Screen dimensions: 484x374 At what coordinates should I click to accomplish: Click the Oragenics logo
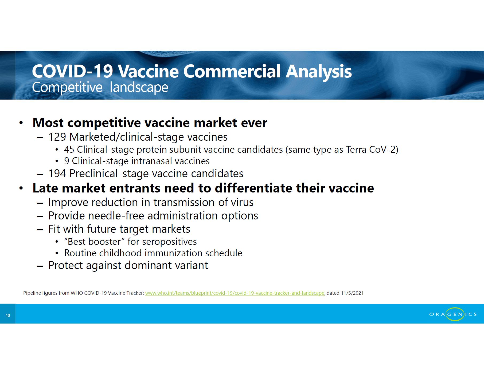click(453, 314)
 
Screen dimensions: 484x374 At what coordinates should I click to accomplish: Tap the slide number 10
click(8, 316)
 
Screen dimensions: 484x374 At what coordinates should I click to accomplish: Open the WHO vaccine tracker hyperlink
click(235, 293)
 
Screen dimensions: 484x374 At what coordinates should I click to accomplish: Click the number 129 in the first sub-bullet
click(57, 137)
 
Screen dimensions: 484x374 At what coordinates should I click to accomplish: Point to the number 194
click(57, 174)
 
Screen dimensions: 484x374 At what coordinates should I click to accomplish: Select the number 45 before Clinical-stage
click(69, 149)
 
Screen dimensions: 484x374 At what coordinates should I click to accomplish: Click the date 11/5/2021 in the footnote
click(352, 293)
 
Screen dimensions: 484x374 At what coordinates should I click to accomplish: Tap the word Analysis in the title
click(319, 72)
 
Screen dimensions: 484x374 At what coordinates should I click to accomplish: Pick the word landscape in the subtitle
click(139, 87)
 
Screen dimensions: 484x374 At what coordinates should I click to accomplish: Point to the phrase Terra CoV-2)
click(372, 149)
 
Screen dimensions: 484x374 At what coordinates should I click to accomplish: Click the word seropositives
click(169, 242)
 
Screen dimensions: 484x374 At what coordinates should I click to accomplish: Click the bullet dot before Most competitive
click(21, 123)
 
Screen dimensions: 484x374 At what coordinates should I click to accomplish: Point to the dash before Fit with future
click(40, 230)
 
